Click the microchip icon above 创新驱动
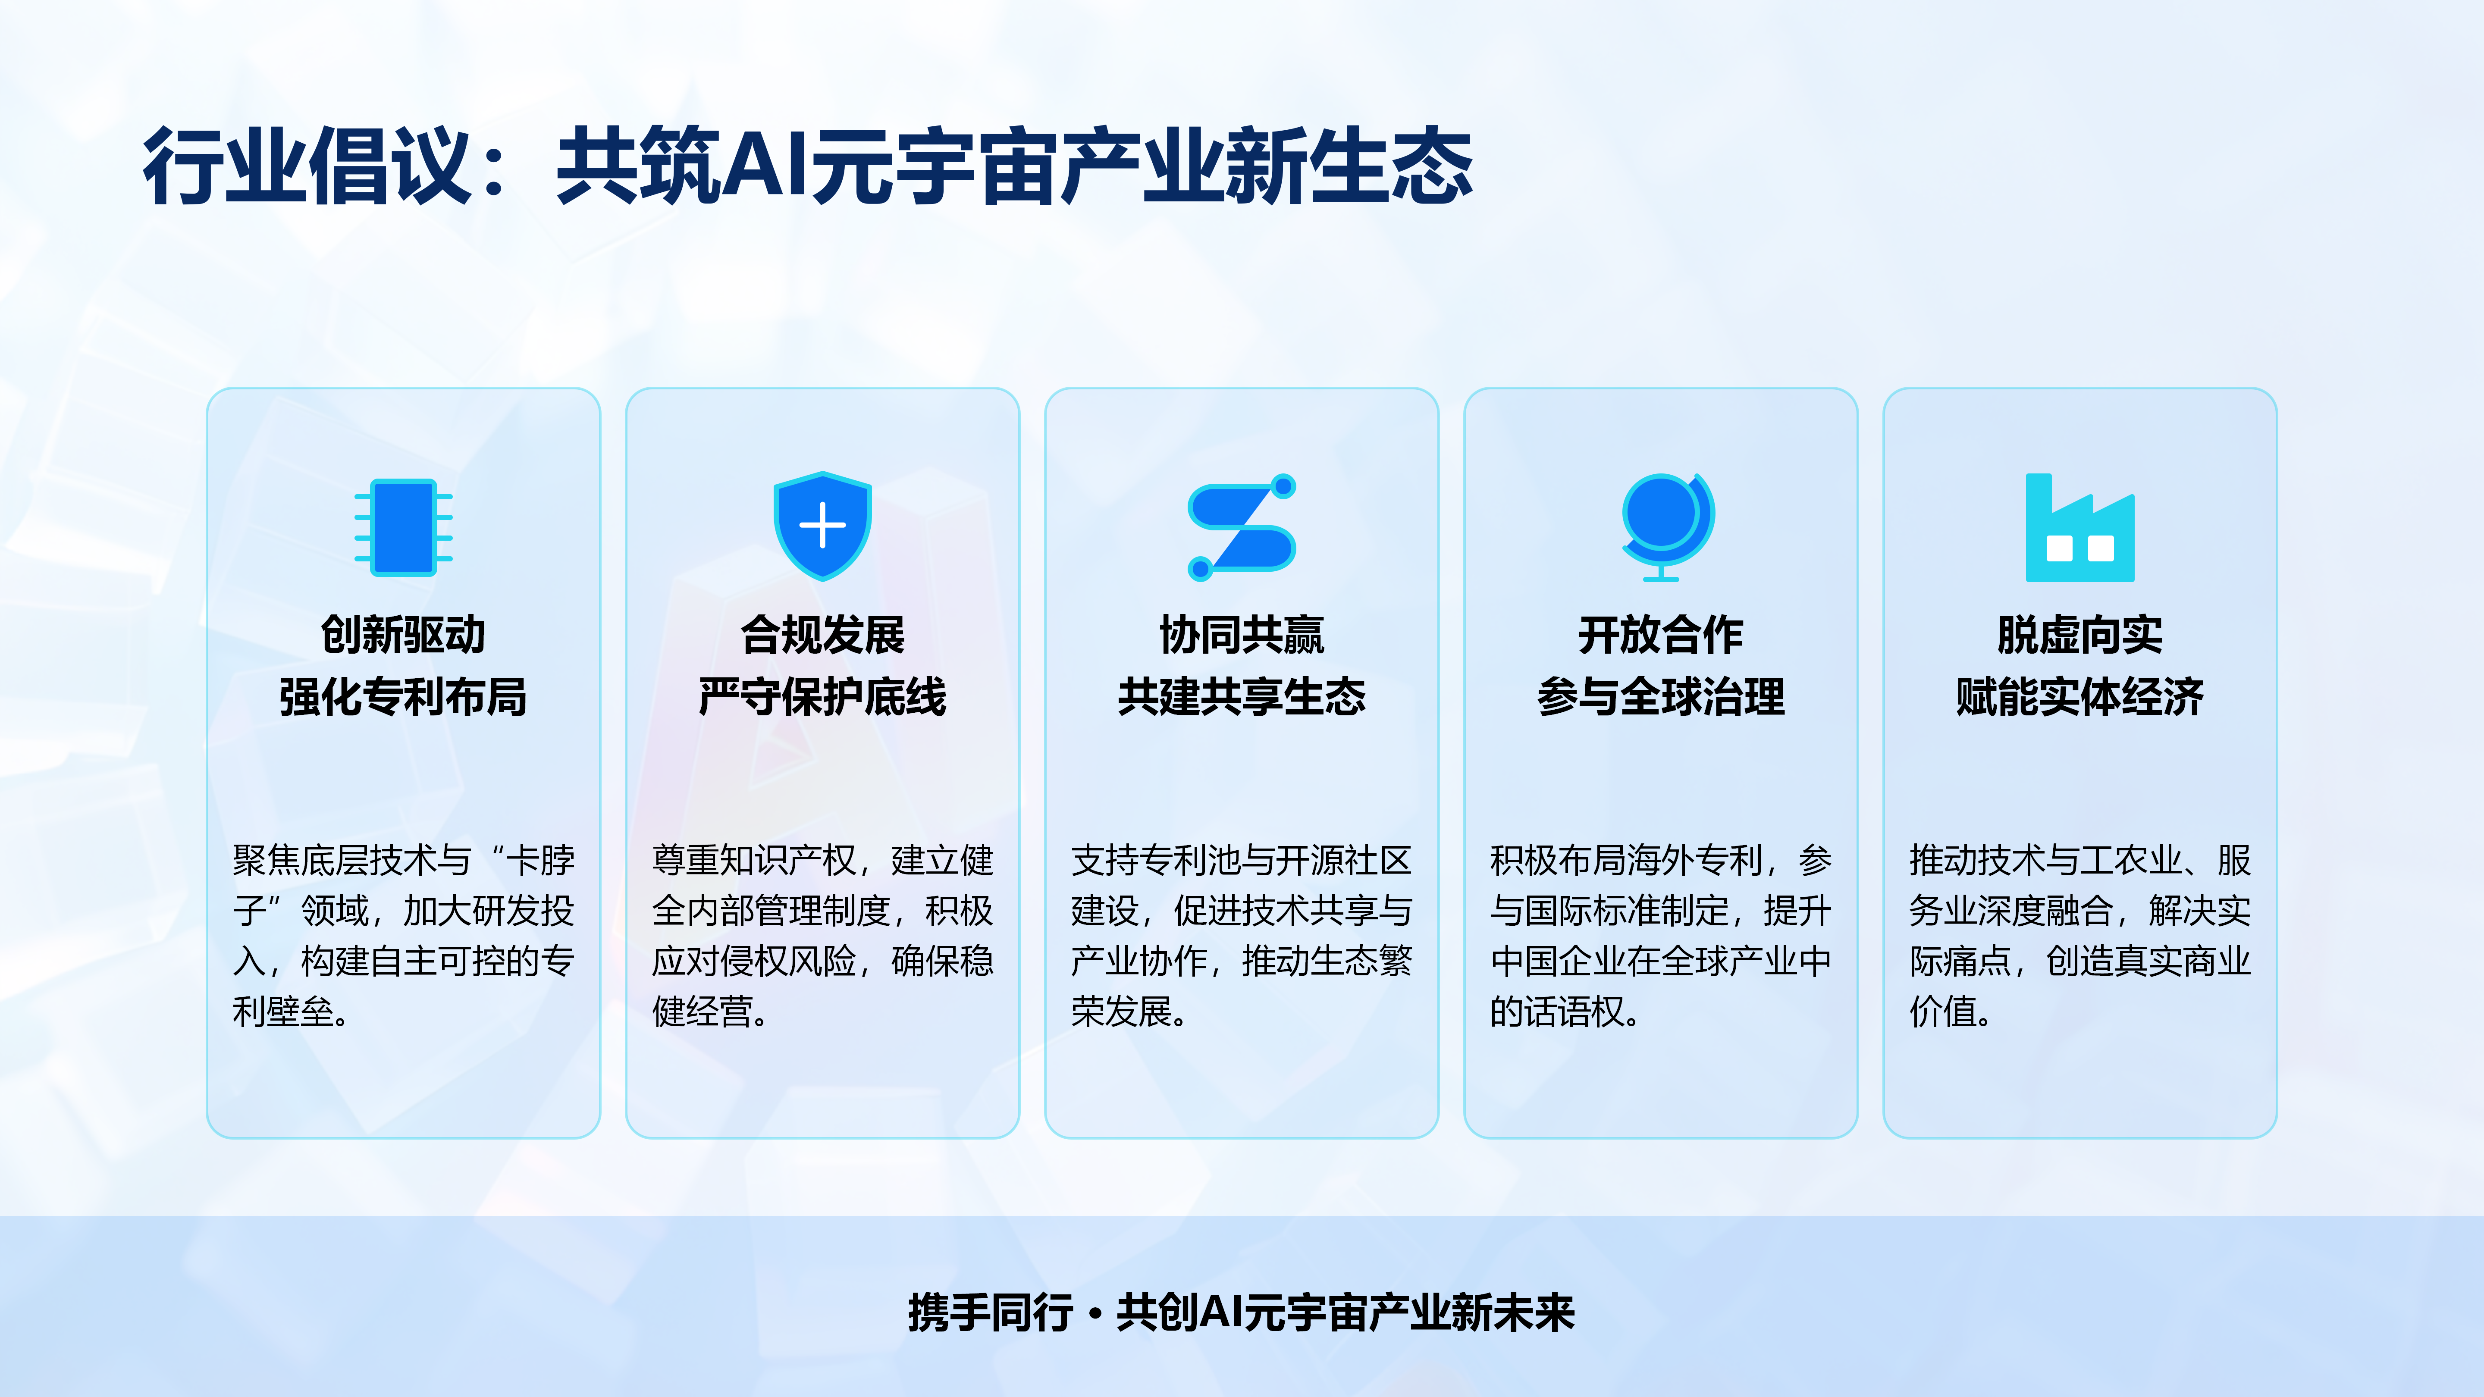[x=403, y=527]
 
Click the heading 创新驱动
[x=403, y=634]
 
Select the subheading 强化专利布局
[x=403, y=696]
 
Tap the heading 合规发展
[x=822, y=634]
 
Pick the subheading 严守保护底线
[x=822, y=696]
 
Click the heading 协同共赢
[x=1242, y=634]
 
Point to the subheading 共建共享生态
[x=1242, y=696]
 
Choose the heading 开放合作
[x=1660, y=634]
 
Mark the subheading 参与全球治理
[x=1660, y=696]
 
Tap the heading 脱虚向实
[x=2080, y=634]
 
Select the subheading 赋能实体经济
[x=2080, y=696]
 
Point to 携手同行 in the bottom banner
[x=990, y=1312]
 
